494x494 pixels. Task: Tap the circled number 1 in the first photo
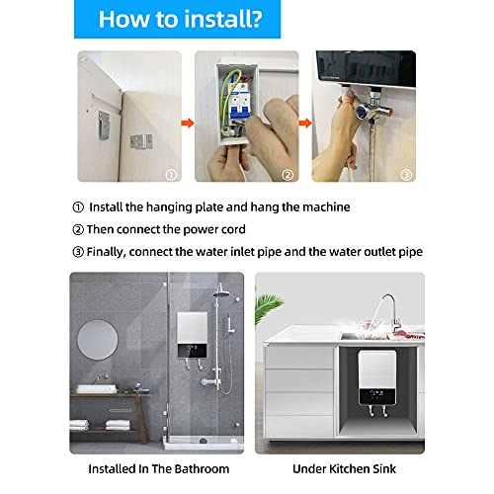171,174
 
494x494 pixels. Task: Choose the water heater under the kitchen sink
379,390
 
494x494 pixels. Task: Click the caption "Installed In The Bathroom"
159,468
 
